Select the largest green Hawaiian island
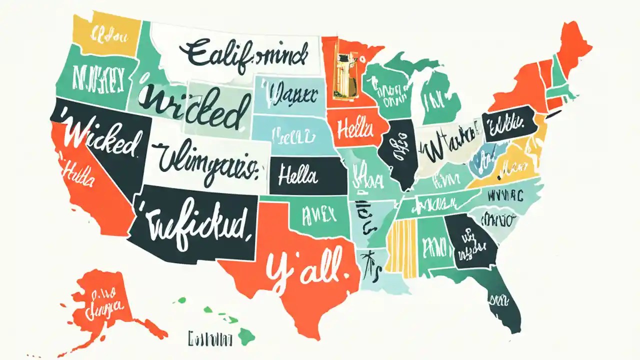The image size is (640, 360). [x=246, y=336]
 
